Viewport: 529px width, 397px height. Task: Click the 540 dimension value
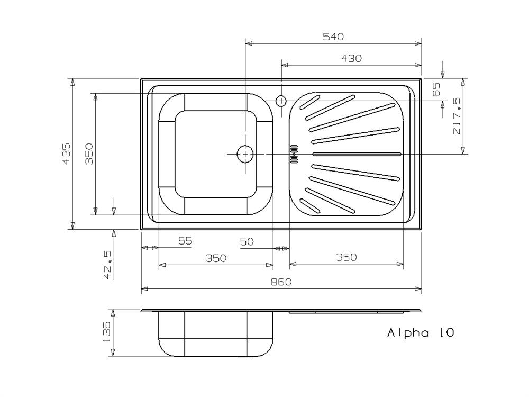pyautogui.click(x=333, y=37)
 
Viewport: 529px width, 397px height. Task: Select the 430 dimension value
pyautogui.click(x=351, y=58)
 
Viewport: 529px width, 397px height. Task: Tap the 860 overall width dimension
pyautogui.click(x=281, y=282)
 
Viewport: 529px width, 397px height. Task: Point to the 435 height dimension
pyautogui.click(x=67, y=154)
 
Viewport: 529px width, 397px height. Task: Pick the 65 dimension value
pyautogui.click(x=436, y=89)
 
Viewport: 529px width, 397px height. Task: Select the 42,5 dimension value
pyautogui.click(x=108, y=265)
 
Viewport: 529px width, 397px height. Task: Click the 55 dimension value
pyautogui.click(x=185, y=241)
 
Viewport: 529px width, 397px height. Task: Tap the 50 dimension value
pyautogui.click(x=247, y=241)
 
